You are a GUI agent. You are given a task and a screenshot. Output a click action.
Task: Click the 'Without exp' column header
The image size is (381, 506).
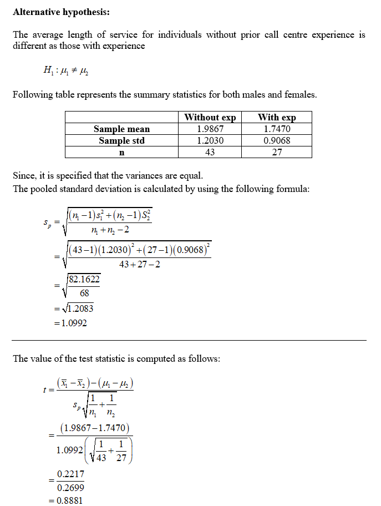[210, 117]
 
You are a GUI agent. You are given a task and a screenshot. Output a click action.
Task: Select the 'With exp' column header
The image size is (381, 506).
[277, 117]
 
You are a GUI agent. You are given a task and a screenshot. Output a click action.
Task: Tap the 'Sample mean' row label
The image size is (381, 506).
[121, 129]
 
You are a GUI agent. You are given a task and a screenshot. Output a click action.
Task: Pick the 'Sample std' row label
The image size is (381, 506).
[121, 140]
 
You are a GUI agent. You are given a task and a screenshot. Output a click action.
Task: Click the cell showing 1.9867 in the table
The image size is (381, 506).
[210, 129]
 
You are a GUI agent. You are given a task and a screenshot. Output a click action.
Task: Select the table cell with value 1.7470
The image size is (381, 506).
[277, 129]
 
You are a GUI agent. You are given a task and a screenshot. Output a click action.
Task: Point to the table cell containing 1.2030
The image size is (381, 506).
[210, 140]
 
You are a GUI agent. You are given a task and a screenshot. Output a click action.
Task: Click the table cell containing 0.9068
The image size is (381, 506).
[277, 140]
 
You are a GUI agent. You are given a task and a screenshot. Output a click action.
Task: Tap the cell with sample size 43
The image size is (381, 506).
[210, 152]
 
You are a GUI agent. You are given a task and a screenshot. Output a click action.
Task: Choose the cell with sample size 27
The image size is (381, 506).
[277, 152]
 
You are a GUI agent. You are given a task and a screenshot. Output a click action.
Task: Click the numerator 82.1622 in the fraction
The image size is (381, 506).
[84, 280]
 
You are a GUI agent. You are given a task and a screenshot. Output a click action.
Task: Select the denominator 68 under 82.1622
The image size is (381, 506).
[84, 294]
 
